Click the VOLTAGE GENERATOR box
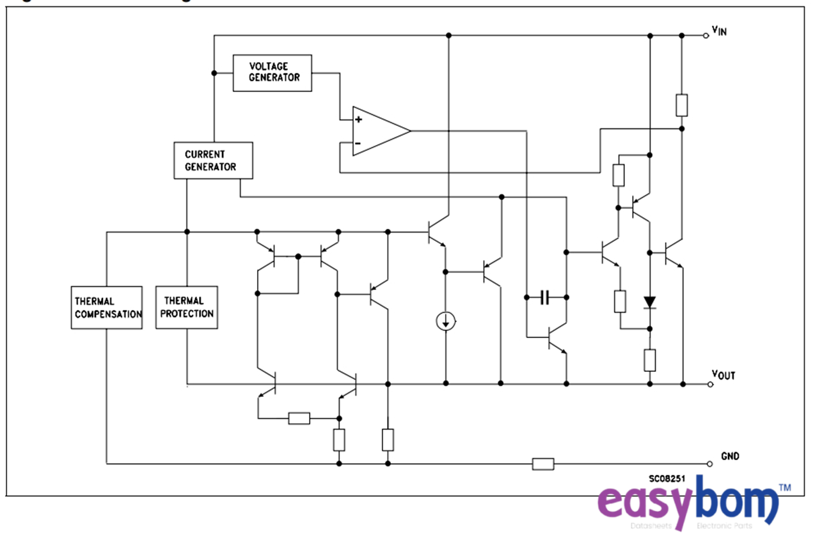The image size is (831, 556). click(272, 73)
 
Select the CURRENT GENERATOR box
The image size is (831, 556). click(213, 160)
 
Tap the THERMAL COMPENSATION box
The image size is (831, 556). click(106, 307)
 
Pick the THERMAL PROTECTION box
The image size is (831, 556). click(187, 307)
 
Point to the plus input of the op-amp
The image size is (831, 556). click(358, 119)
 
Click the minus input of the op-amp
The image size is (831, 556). click(358, 144)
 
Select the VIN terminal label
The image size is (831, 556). click(720, 31)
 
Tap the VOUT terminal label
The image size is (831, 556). click(724, 375)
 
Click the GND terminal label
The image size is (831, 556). click(730, 456)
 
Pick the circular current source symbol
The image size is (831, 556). click(446, 321)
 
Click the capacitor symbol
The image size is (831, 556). click(546, 297)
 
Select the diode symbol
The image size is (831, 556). click(650, 302)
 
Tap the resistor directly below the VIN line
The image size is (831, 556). click(682, 105)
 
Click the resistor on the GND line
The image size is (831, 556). click(543, 464)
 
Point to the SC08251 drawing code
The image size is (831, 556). click(667, 478)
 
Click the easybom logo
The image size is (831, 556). click(688, 505)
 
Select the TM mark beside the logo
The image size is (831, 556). click(785, 488)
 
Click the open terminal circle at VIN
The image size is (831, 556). click(706, 36)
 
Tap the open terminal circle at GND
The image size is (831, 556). click(710, 464)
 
